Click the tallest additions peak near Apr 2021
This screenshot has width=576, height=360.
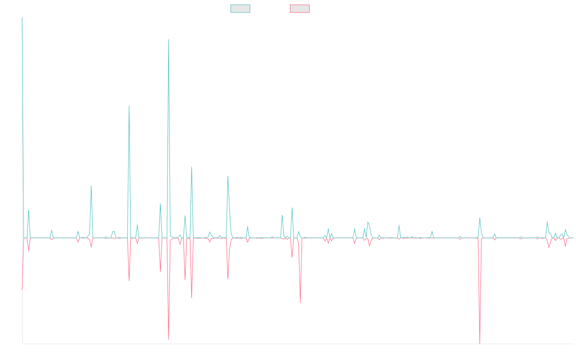tap(168, 39)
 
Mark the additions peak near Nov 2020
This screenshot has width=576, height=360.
tap(129, 106)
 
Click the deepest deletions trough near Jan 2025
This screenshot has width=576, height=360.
tap(480, 343)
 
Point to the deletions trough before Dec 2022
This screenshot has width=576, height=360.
tap(300, 303)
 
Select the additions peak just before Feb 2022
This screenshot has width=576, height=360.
tap(228, 176)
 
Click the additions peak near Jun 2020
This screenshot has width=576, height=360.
tap(91, 185)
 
